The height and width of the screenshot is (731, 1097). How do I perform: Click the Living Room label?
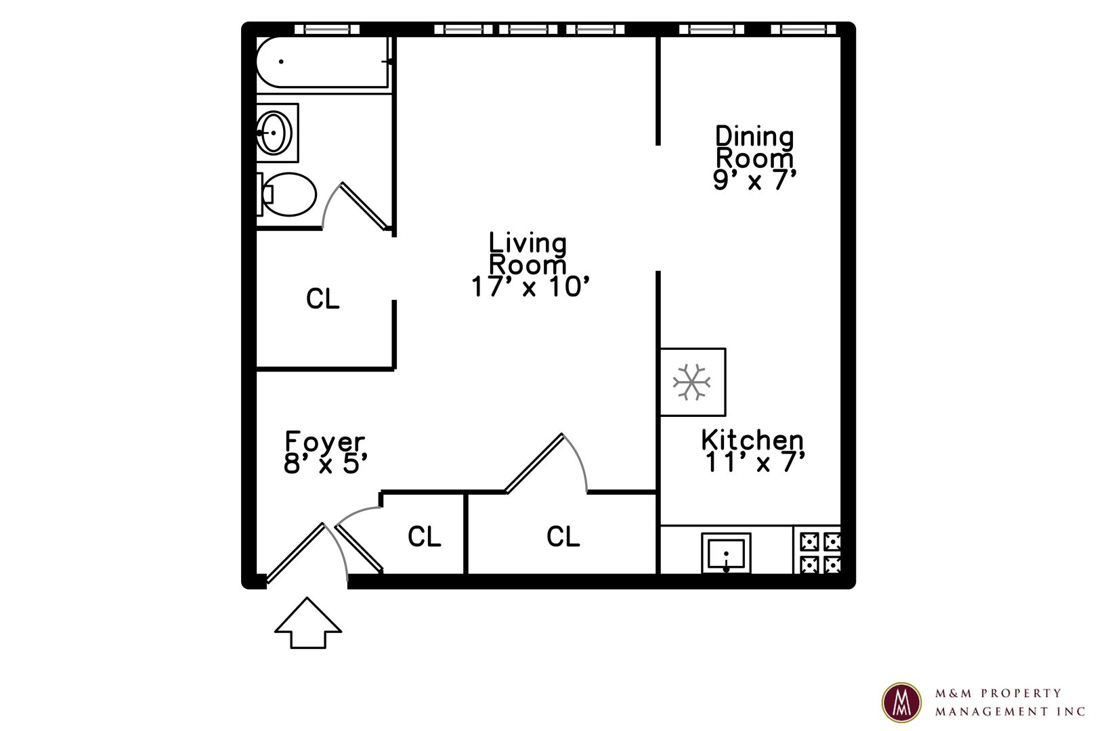(x=530, y=265)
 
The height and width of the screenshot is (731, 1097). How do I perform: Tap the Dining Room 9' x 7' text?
(x=754, y=158)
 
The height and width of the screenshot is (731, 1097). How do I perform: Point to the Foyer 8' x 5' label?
(x=325, y=452)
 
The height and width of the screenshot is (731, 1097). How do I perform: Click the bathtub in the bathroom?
(x=323, y=62)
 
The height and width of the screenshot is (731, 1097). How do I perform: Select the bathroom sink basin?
(x=274, y=133)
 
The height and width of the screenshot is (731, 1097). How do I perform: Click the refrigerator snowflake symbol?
(x=691, y=382)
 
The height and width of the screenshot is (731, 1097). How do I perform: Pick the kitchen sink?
(x=726, y=553)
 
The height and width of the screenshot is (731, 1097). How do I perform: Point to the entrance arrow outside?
(x=307, y=623)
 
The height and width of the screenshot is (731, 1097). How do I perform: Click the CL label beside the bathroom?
(x=323, y=298)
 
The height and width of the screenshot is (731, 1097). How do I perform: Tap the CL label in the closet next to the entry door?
(x=424, y=536)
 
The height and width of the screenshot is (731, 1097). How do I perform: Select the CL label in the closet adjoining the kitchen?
(x=563, y=536)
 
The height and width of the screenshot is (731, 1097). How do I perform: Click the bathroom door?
(x=364, y=206)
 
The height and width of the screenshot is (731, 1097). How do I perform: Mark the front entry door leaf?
(x=295, y=553)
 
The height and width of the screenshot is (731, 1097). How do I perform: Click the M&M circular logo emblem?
(x=901, y=703)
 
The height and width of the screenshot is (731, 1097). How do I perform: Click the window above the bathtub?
(x=327, y=29)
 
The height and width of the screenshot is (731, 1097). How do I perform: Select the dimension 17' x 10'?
(x=530, y=286)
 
